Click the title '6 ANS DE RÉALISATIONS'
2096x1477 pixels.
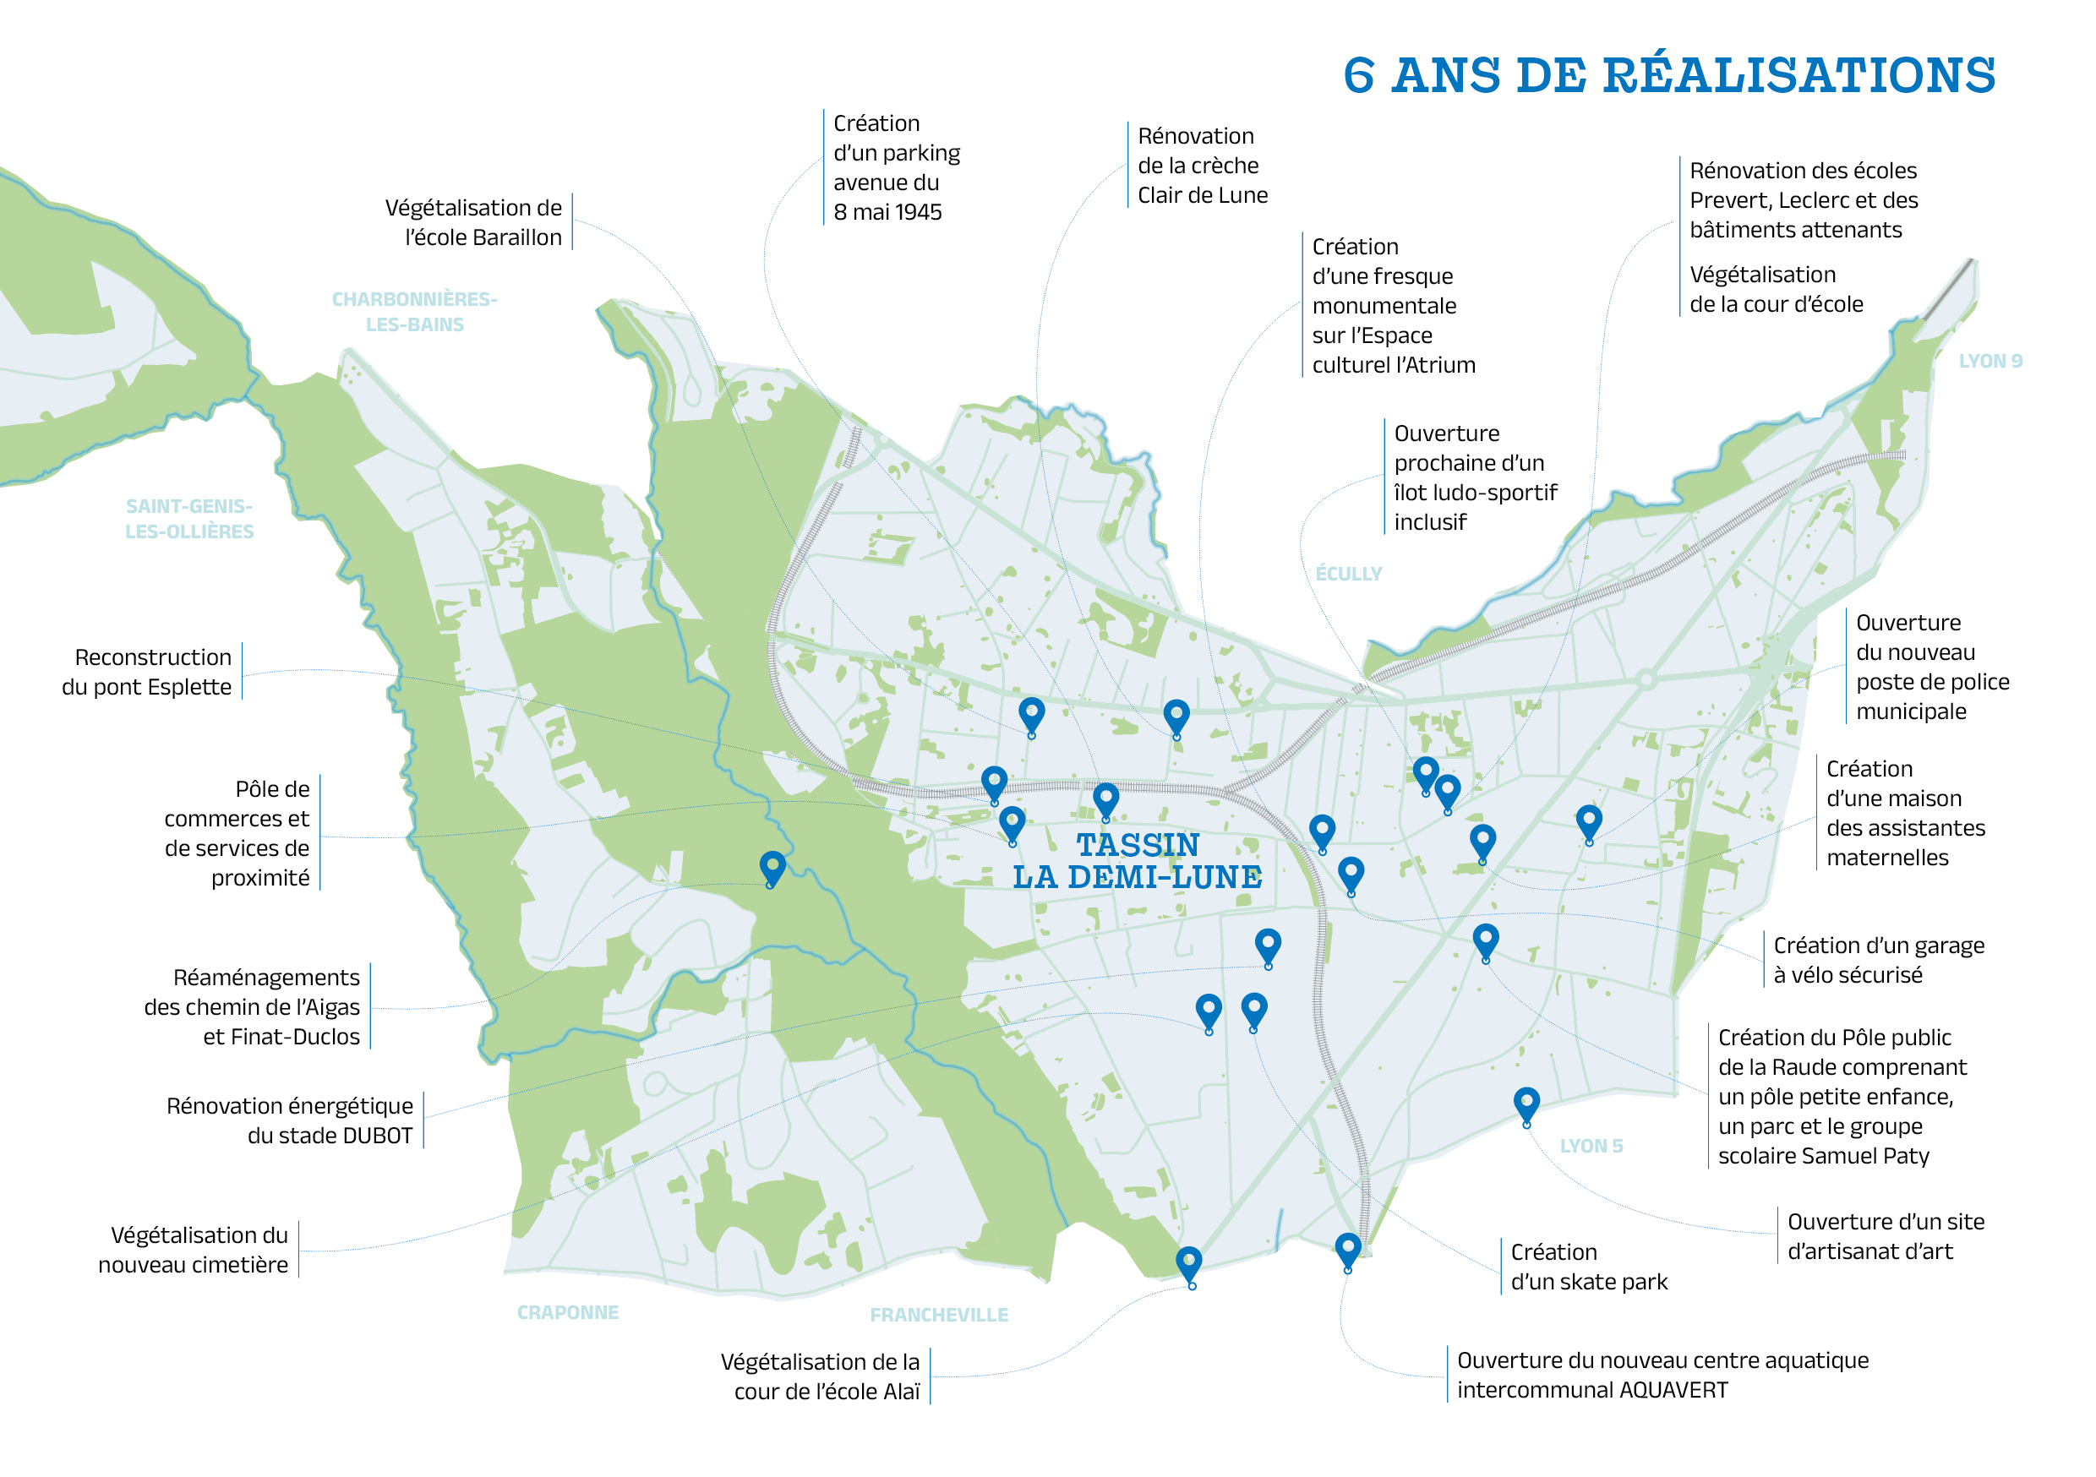(x=1668, y=75)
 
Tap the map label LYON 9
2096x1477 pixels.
(x=1990, y=361)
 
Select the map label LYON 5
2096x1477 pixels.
(x=1591, y=1146)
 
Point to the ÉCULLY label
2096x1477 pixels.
(x=1348, y=573)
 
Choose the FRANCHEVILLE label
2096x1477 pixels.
(x=938, y=1315)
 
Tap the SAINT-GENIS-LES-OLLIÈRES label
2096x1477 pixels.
(x=189, y=519)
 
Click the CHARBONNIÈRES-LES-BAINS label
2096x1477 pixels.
(x=413, y=311)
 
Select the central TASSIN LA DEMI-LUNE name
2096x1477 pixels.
(x=1138, y=861)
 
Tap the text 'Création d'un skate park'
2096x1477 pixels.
(x=1587, y=1267)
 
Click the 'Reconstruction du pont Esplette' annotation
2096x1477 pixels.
(x=147, y=672)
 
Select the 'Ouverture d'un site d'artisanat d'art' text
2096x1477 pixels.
(x=1884, y=1236)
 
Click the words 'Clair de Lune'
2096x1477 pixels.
(x=1203, y=195)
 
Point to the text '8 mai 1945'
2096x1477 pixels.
(x=887, y=212)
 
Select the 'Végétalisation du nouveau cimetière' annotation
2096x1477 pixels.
(x=194, y=1250)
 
